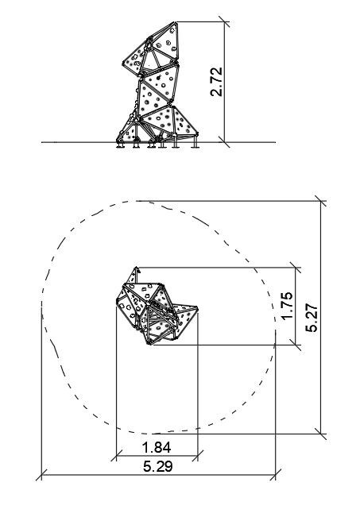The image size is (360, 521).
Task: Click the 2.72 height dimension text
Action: pos(216,82)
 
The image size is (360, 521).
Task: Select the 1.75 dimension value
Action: pos(287,306)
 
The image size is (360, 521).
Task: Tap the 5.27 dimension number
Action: pos(312,318)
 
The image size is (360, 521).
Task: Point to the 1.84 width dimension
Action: pos(157,447)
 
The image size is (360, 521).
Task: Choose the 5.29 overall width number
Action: pos(158,466)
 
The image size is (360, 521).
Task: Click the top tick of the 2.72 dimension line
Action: pos(224,22)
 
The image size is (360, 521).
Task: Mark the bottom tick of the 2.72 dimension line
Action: pos(224,142)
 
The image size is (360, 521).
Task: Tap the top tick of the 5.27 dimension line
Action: pos(321,201)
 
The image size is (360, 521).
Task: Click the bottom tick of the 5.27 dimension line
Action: pos(321,434)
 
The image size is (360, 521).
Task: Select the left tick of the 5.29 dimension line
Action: pos(41,475)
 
